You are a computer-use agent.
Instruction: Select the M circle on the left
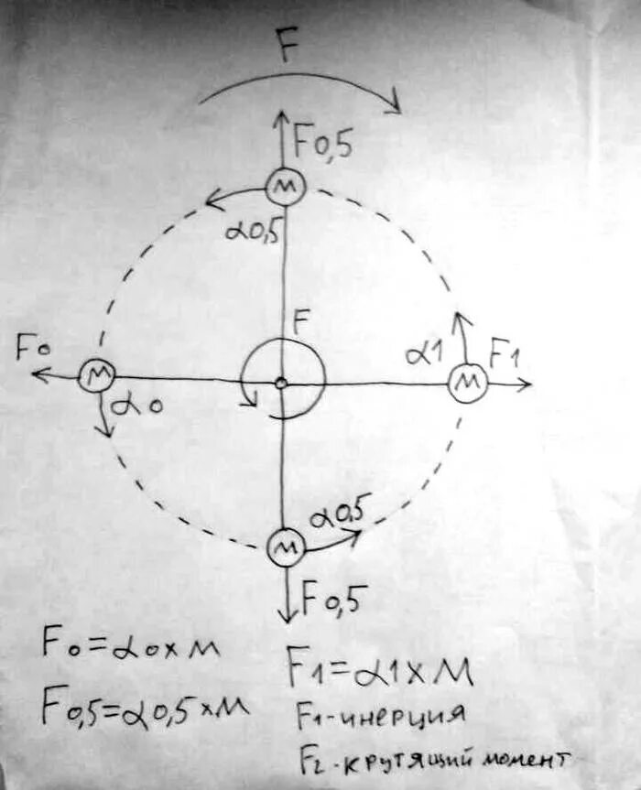click(94, 374)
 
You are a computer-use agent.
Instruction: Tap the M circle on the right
click(467, 382)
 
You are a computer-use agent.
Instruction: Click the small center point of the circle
click(282, 383)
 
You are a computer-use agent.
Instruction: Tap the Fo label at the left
click(31, 349)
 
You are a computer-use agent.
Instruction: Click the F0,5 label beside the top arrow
click(322, 144)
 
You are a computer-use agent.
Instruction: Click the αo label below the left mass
click(138, 403)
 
